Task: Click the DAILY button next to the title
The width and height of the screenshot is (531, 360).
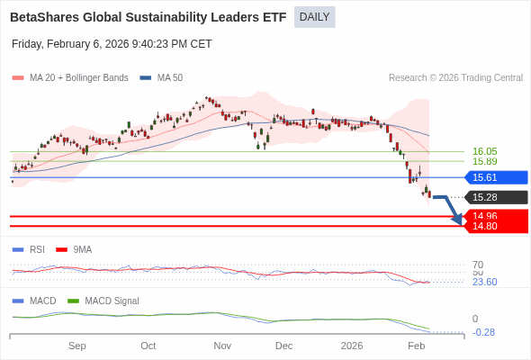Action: (314, 17)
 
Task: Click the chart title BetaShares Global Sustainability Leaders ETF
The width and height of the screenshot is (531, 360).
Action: (148, 17)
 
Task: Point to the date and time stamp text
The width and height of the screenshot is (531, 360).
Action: (112, 43)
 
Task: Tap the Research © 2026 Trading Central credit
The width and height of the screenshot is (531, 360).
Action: (455, 77)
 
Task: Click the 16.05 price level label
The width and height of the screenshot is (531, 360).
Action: (484, 151)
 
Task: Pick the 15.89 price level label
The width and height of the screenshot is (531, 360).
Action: (484, 162)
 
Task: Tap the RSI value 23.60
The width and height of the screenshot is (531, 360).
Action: (484, 282)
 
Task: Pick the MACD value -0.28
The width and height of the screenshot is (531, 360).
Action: (483, 332)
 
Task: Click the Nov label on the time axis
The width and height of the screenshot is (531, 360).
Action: (222, 346)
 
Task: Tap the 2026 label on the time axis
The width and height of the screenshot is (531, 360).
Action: (352, 346)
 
